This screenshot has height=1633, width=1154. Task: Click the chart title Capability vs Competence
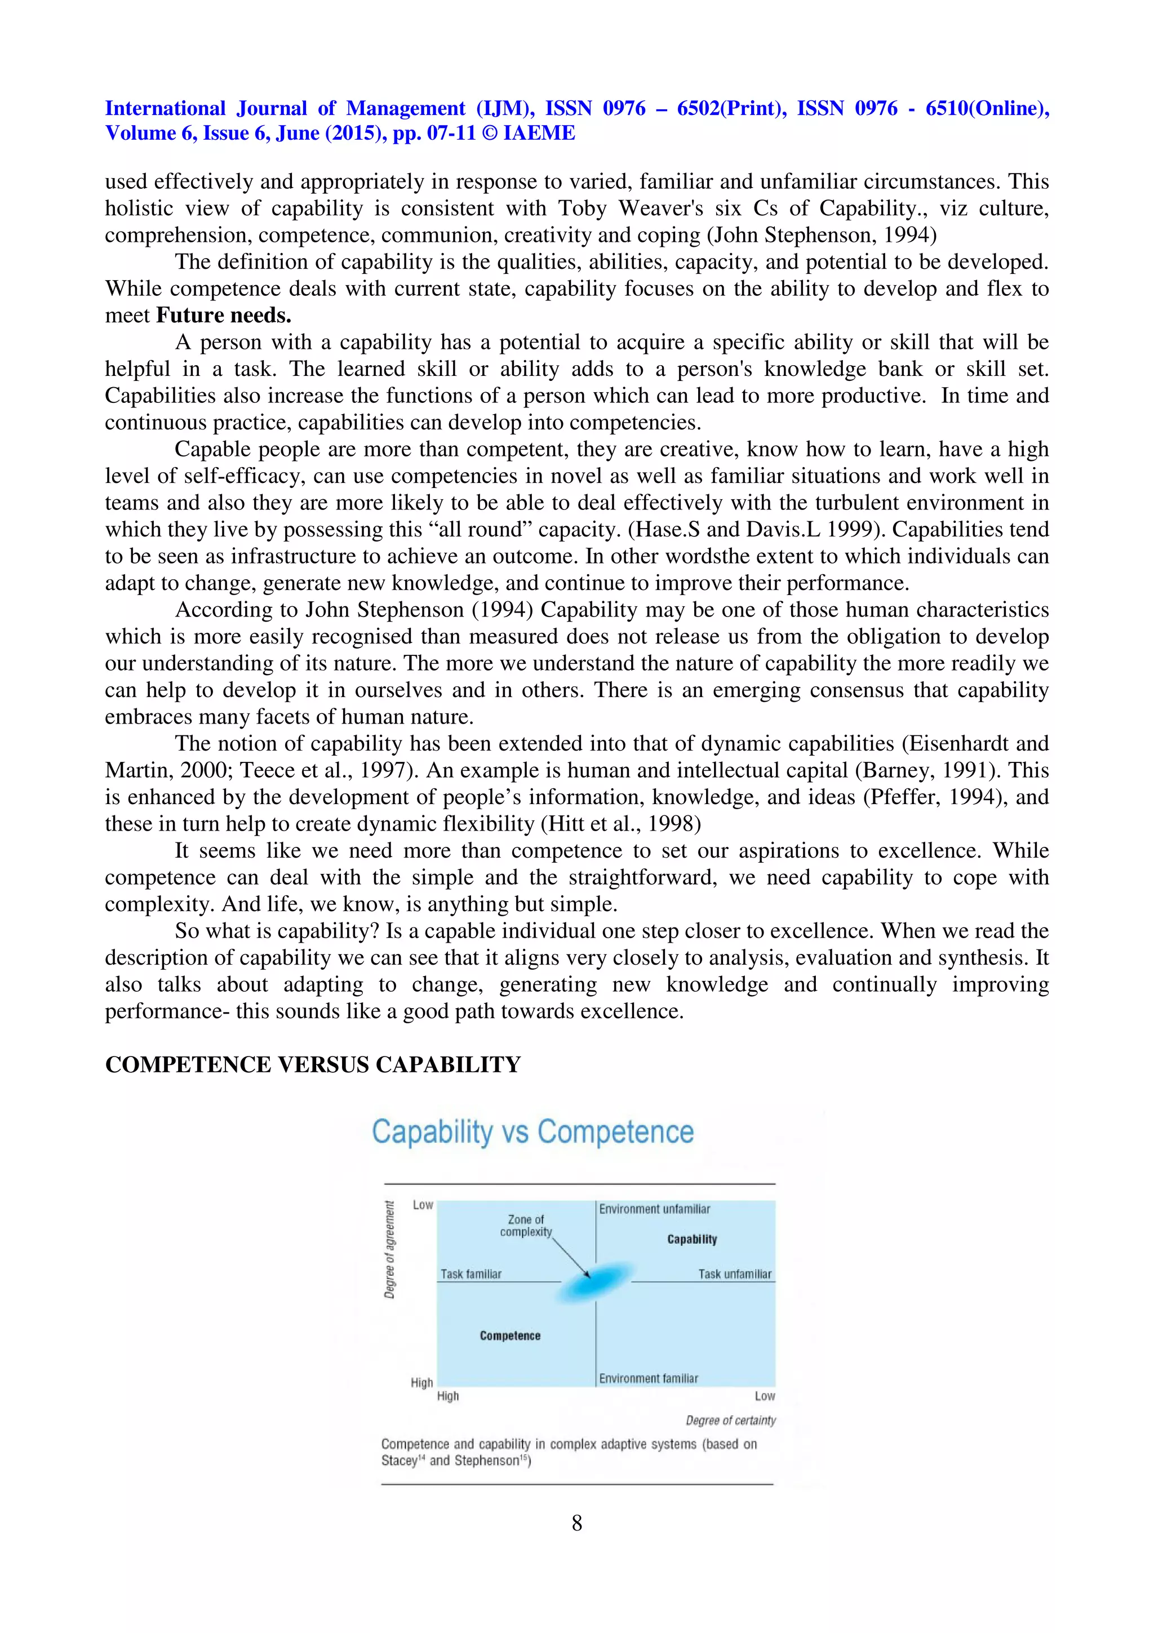[x=532, y=1132]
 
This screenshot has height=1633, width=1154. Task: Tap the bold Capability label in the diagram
[x=691, y=1239]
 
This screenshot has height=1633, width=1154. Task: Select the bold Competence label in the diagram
[x=510, y=1335]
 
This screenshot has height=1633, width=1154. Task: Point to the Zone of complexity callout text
[x=526, y=1226]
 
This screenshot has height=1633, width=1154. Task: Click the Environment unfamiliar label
[x=654, y=1209]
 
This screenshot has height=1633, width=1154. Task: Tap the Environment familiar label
[x=649, y=1378]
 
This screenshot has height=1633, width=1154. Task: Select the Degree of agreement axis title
[x=389, y=1250]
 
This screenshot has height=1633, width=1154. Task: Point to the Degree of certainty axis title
[x=730, y=1421]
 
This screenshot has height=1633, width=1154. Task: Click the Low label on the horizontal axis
[x=765, y=1396]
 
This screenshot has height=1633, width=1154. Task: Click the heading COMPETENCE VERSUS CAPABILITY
[x=313, y=1065]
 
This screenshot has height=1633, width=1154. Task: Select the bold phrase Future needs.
[x=224, y=315]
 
